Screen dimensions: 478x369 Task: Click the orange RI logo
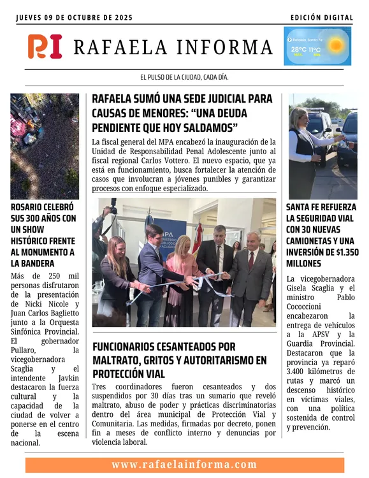coord(45,47)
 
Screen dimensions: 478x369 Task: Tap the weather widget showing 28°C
coord(317,46)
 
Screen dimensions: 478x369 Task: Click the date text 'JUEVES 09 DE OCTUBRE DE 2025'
coord(75,18)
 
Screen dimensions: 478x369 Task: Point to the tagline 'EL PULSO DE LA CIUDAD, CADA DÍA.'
coord(184,77)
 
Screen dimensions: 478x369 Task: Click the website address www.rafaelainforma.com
coord(184,465)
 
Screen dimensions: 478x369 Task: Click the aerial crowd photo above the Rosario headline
coord(45,146)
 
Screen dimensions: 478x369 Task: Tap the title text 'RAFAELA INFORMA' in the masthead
coord(173,47)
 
